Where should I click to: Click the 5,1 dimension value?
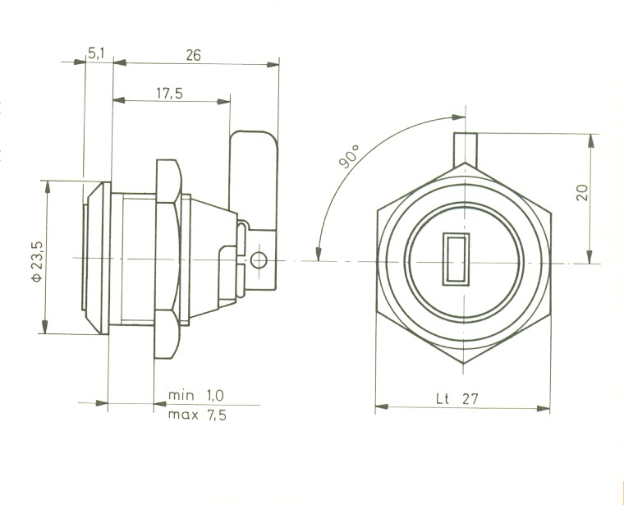coord(95,53)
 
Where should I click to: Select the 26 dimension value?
coord(194,55)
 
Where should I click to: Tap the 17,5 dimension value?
coord(169,93)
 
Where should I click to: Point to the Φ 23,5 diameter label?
coord(37,261)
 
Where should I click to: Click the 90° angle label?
coord(349,156)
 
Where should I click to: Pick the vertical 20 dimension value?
coord(582,193)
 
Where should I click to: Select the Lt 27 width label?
coord(457,398)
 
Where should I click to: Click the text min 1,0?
coord(195,396)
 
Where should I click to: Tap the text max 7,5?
coord(197,415)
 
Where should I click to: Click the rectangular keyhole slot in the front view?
coord(456,259)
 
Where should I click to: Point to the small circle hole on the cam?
coord(259,261)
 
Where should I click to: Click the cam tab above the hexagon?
coord(466,149)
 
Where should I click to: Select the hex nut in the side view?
coord(167,259)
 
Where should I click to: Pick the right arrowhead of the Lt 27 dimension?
coord(543,408)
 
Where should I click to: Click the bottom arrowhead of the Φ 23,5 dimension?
coord(44,326)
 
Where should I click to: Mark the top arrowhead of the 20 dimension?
coord(590,141)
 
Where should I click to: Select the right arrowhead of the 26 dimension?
coord(273,65)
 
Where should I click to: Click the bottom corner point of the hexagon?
coord(464,363)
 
